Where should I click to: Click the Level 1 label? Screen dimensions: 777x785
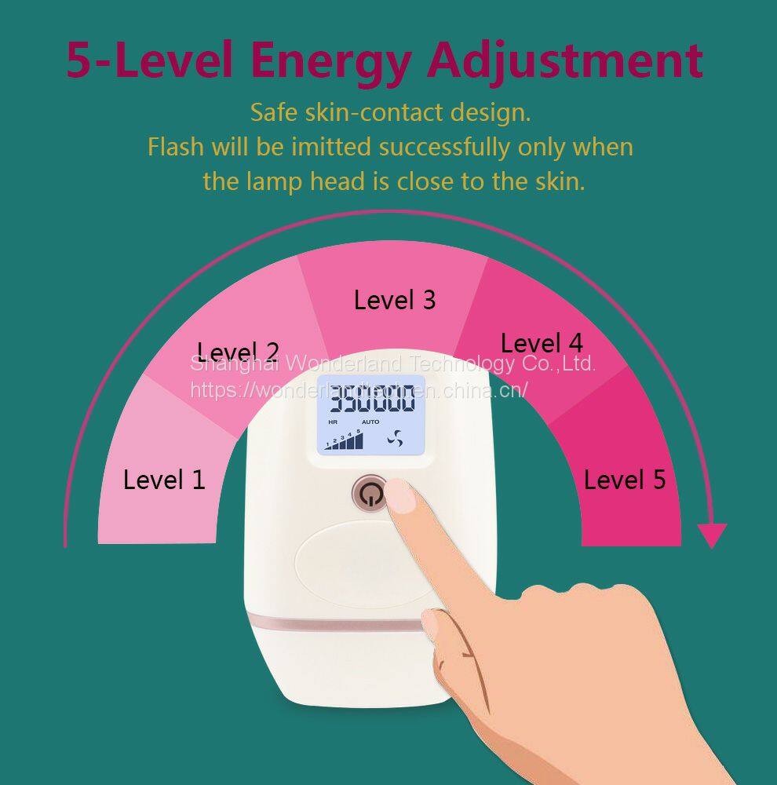(164, 480)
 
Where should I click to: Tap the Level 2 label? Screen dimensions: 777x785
(238, 352)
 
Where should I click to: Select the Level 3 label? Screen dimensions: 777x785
(395, 300)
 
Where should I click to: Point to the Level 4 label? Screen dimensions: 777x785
(542, 344)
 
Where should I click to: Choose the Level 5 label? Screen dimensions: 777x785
(624, 480)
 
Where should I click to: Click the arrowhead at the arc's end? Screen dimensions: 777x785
(712, 535)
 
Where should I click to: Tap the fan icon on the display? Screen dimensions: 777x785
(395, 439)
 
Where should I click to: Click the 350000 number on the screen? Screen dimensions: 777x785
(374, 398)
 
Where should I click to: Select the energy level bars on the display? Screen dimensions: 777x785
(344, 440)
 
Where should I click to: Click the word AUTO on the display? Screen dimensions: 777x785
(370, 422)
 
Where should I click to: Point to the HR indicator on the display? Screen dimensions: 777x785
(333, 422)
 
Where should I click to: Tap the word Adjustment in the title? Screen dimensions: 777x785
(565, 60)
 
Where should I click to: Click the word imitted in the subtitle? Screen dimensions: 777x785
(331, 148)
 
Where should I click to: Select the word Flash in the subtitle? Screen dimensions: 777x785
(176, 148)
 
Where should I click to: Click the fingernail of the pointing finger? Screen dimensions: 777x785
(402, 495)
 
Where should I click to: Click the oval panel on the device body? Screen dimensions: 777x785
(363, 564)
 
